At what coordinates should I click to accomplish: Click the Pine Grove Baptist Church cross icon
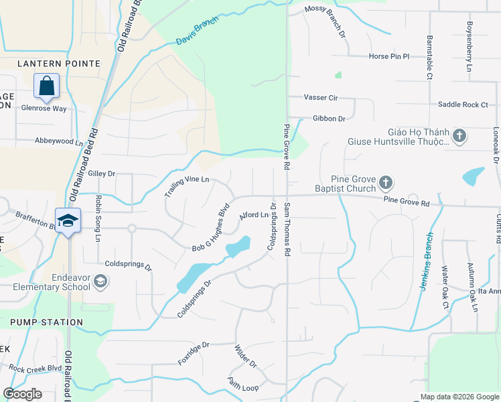point(385,182)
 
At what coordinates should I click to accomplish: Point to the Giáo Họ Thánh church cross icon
point(459,137)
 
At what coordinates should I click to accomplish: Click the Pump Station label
point(47,322)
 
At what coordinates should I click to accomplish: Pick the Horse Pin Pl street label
point(388,57)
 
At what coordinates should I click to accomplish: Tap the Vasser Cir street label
point(321,98)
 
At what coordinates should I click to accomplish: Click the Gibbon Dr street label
point(329,119)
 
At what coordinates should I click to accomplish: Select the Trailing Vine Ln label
point(187,187)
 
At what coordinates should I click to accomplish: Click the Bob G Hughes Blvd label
point(211,228)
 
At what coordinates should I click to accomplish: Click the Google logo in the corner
point(22,394)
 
